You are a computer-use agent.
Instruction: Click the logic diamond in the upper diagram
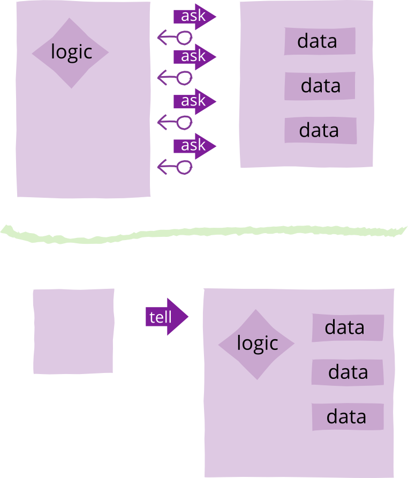(71, 53)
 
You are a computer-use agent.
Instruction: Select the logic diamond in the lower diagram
(256, 344)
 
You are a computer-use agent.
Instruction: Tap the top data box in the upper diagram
(320, 41)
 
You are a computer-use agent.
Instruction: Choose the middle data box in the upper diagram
(320, 86)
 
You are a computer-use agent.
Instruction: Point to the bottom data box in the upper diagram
(320, 130)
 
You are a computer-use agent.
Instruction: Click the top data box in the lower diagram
(347, 327)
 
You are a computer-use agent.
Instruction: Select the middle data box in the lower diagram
(347, 372)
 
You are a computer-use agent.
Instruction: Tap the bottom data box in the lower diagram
(347, 417)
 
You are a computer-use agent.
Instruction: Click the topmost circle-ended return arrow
(175, 38)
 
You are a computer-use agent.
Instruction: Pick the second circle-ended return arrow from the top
(175, 78)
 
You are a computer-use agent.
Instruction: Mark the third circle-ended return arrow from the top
(175, 122)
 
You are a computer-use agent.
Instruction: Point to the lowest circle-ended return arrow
(175, 167)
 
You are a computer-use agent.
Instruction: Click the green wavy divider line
(203, 233)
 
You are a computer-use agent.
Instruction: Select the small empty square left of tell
(73, 331)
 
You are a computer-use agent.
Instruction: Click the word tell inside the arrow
(161, 317)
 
